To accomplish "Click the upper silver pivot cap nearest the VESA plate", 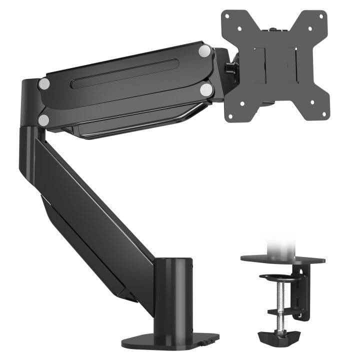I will click(x=204, y=50).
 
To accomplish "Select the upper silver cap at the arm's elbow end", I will click(x=44, y=83).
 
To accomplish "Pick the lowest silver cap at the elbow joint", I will click(x=44, y=119).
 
